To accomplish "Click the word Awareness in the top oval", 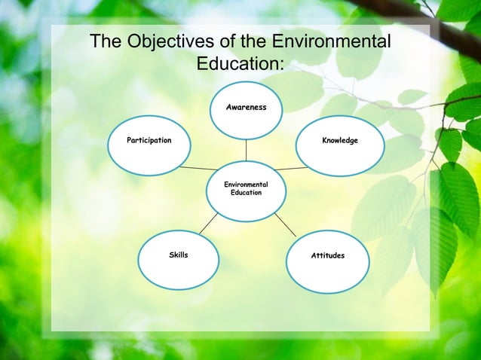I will [x=246, y=108].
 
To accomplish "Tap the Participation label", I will [x=149, y=141].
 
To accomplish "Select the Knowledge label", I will [x=339, y=141].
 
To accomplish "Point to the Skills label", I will [x=179, y=256].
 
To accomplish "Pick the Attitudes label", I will [x=327, y=256].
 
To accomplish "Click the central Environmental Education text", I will [x=246, y=188].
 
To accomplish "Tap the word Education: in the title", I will [x=240, y=63].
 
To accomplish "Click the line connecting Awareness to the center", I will [x=246, y=150].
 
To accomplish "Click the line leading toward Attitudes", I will [x=285, y=224].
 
